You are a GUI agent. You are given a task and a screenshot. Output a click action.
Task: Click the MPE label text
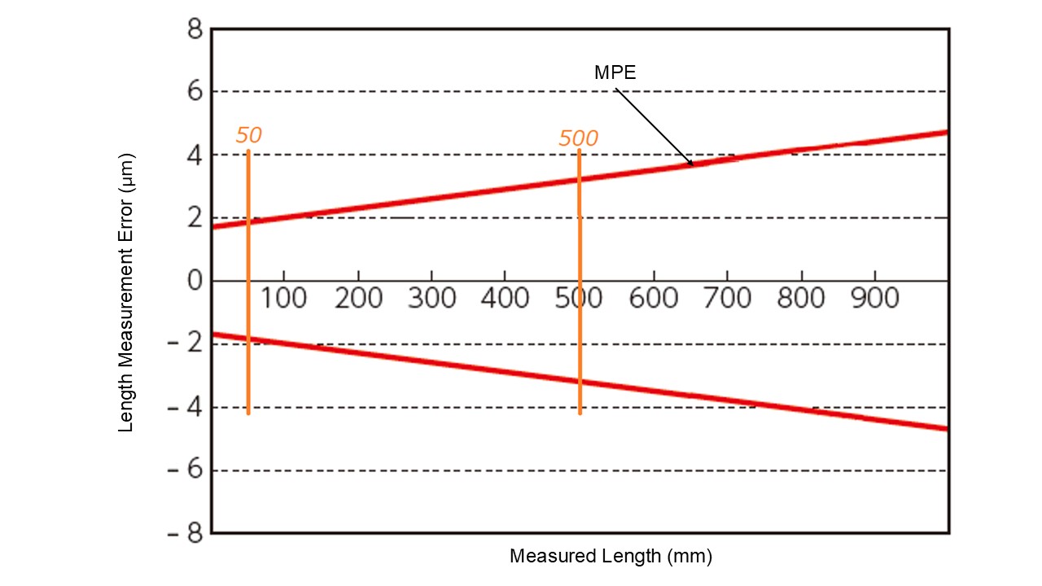tap(615, 72)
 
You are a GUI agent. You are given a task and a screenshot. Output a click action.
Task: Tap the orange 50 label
tap(248, 135)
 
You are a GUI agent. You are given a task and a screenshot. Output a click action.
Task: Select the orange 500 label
tap(578, 138)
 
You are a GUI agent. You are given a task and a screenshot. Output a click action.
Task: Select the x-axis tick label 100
tap(283, 299)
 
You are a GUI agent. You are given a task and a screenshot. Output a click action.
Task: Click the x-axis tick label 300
tap(431, 299)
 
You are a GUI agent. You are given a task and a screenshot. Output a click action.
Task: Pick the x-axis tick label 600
tap(654, 299)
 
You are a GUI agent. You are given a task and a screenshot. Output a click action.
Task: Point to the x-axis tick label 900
tap(875, 299)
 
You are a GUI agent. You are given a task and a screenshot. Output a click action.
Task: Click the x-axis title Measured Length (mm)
tap(611, 557)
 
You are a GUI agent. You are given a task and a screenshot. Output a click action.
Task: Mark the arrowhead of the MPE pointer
tap(690, 163)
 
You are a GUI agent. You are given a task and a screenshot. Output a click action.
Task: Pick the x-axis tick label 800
tap(801, 299)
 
